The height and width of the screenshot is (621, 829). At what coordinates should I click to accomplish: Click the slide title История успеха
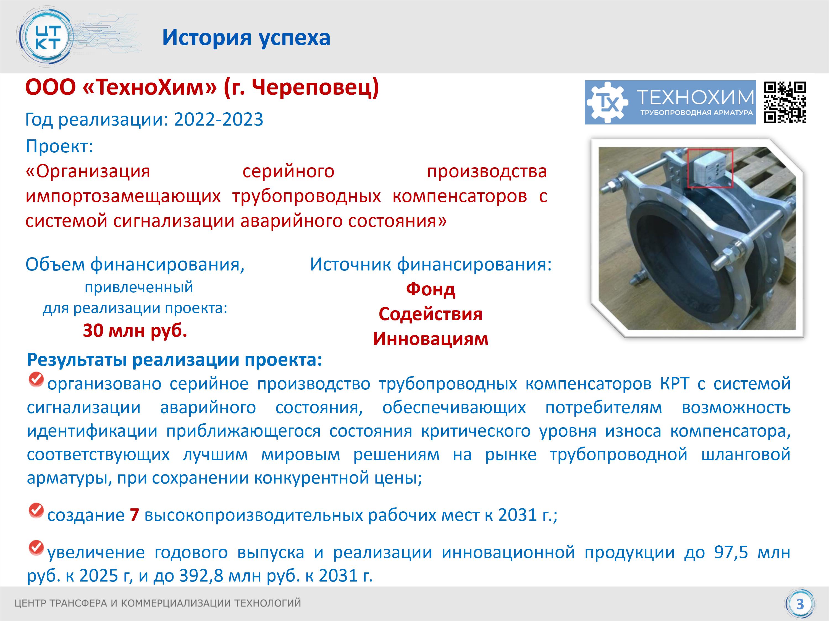(246, 38)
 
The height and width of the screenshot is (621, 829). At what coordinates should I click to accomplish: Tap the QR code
(785, 102)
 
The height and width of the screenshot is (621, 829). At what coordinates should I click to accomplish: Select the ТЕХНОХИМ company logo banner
(670, 102)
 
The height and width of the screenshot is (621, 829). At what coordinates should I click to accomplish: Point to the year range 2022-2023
(219, 120)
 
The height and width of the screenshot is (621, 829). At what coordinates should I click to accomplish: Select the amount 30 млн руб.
(135, 331)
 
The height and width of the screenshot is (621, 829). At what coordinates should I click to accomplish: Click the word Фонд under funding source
(431, 289)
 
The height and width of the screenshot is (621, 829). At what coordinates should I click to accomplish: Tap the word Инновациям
(431, 339)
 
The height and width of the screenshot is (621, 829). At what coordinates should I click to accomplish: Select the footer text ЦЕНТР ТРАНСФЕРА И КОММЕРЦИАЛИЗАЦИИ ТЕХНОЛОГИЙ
(158, 603)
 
